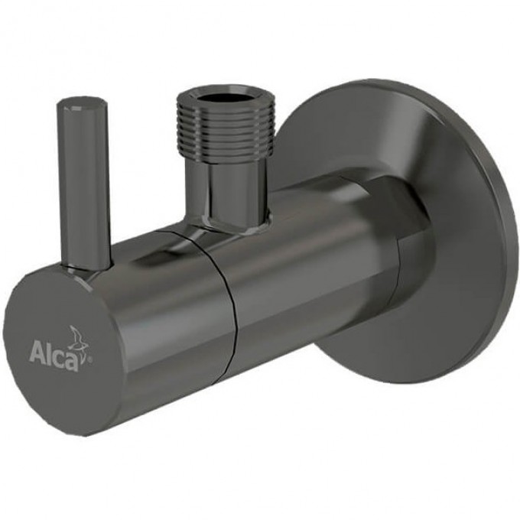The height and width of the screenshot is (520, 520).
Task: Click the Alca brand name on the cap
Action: click(x=54, y=355)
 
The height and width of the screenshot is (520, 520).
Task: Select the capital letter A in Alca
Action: click(x=37, y=354)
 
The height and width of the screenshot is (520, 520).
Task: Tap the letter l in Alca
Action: click(x=48, y=353)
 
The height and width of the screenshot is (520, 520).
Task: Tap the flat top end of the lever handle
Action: click(x=82, y=101)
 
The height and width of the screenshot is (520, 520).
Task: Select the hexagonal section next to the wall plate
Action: click(x=405, y=252)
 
